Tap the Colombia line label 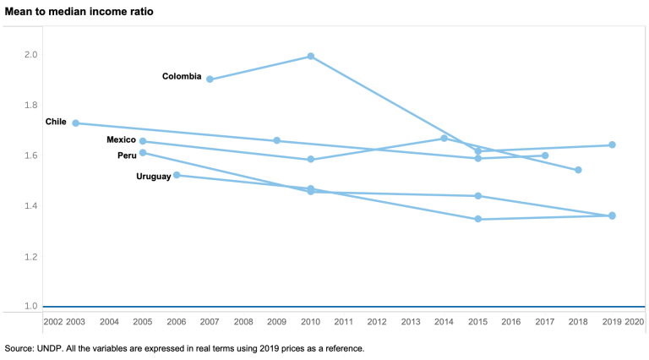182,77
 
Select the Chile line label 56,122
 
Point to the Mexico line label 121,139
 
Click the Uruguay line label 153,177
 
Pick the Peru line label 127,155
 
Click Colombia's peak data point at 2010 311,57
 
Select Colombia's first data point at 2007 210,79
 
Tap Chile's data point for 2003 76,123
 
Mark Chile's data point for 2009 277,140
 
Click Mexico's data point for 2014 444,139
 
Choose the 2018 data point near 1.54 578,170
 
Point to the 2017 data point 545,155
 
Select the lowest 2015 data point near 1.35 478,219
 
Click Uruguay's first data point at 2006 177,175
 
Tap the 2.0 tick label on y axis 31,55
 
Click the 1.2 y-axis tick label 31,256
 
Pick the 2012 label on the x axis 377,322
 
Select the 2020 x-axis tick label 634,322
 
